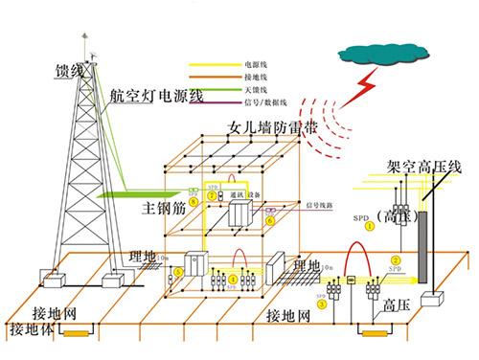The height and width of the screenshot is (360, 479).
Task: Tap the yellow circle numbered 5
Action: coord(177,271)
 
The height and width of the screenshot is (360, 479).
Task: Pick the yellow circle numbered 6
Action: coord(270,219)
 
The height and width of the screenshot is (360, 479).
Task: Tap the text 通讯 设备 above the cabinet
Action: coord(239,192)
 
